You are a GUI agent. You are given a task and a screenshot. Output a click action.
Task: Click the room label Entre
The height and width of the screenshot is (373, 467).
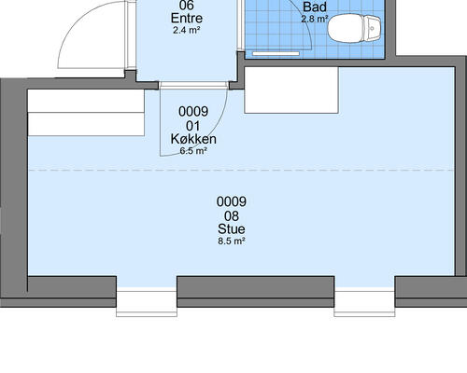[187, 18]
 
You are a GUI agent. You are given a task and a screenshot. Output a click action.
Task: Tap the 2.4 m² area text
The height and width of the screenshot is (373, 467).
[186, 31]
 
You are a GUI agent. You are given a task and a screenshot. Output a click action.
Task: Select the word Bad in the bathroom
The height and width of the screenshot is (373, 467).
[315, 7]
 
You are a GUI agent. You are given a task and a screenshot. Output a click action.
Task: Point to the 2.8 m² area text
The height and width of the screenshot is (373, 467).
[315, 19]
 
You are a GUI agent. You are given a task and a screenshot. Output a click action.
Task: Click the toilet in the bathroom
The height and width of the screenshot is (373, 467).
[354, 29]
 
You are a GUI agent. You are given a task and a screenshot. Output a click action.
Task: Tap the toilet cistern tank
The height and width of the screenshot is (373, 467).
[372, 29]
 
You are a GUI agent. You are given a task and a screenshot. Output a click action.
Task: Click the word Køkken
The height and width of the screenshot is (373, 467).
[193, 139]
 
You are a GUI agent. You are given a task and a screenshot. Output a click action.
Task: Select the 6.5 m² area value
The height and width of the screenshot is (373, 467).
[193, 151]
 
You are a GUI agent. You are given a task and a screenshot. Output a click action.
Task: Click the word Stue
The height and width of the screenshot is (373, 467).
[232, 229]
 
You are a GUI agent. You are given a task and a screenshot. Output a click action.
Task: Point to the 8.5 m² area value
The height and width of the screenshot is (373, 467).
[232, 241]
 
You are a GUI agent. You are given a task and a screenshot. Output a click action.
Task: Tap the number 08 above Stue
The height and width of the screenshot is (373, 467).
[232, 215]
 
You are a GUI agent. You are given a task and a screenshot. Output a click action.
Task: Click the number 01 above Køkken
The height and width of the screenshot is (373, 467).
[193, 126]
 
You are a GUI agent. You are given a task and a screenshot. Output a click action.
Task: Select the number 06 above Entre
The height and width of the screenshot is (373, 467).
[187, 5]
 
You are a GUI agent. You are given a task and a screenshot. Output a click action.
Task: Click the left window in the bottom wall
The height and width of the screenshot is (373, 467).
[147, 304]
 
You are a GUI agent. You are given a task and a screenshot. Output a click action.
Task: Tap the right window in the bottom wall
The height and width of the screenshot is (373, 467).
[364, 304]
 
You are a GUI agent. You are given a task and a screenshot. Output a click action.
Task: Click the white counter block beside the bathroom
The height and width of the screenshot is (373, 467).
[291, 90]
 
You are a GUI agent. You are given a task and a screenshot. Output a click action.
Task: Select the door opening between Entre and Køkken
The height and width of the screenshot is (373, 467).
[193, 86]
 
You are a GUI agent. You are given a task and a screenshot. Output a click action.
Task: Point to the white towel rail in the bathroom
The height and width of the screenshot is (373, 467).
[276, 54]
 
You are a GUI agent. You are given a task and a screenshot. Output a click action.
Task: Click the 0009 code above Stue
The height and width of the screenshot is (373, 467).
[232, 201]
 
